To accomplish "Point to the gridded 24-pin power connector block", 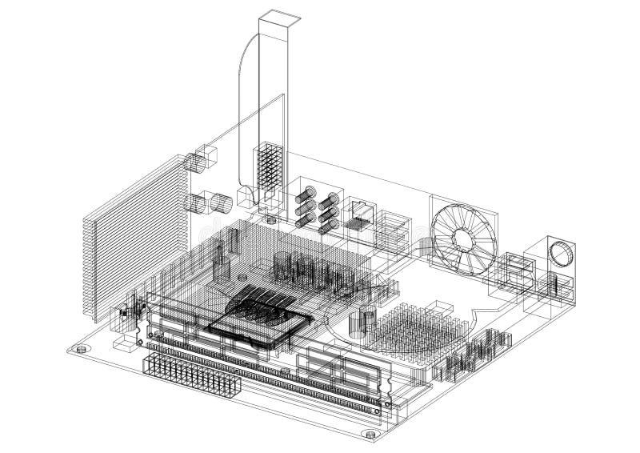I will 191,376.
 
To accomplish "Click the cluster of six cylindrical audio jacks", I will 315,207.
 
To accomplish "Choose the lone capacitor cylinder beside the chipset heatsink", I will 368,319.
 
